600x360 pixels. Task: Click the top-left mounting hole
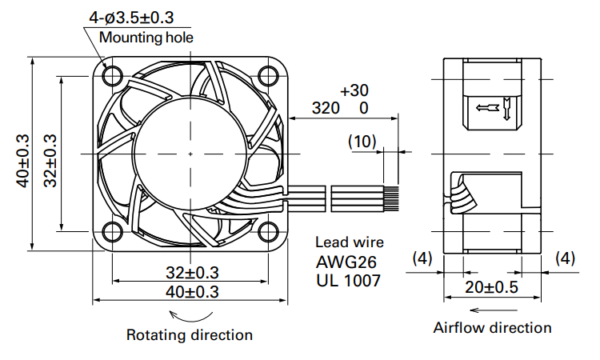click(x=113, y=76)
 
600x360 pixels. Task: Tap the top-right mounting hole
click(x=268, y=76)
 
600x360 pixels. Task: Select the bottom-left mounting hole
click(x=113, y=231)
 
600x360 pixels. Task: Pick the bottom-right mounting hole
click(x=268, y=231)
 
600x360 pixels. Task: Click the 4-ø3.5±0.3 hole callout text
click(x=131, y=18)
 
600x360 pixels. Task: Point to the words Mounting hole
click(x=146, y=38)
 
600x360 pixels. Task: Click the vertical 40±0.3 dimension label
click(x=22, y=161)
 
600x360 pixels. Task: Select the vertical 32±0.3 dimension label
click(x=50, y=161)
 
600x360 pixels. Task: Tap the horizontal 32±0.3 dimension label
click(x=192, y=273)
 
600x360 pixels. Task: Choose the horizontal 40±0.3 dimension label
click(x=192, y=292)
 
